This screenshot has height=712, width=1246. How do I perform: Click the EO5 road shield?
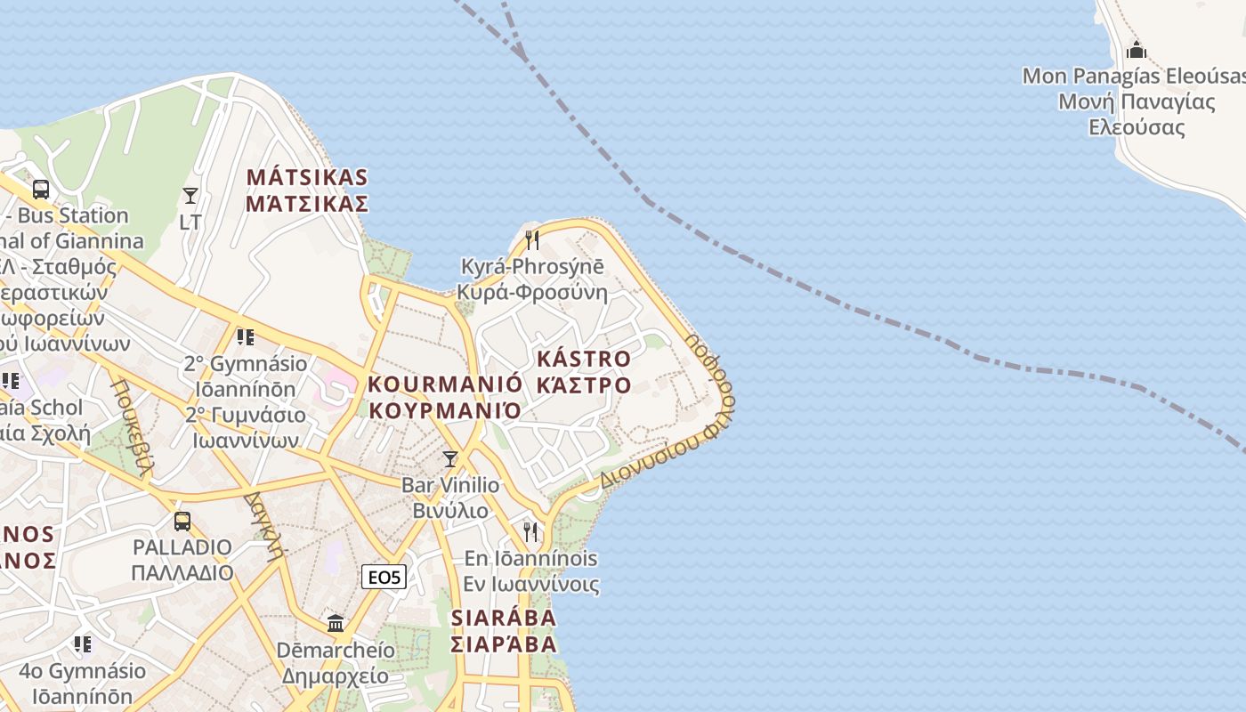(384, 578)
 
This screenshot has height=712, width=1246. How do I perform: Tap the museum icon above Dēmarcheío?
(336, 623)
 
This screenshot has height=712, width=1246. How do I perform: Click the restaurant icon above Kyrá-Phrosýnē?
(531, 239)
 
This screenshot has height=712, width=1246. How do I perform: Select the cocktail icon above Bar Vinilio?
(450, 459)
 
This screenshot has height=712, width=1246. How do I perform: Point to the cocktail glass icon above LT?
(190, 195)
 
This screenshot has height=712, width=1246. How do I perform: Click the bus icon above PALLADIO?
(182, 521)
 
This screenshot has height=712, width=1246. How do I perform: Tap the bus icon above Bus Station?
(41, 189)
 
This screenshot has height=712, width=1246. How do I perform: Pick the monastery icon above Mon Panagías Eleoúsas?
(1136, 50)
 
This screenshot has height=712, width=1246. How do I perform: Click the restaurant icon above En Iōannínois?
(530, 531)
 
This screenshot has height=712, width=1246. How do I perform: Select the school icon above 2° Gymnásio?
(245, 337)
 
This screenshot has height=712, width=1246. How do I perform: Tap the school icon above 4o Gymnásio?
(83, 643)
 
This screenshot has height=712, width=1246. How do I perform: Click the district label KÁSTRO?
(584, 360)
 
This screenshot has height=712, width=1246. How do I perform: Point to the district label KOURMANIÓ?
(445, 384)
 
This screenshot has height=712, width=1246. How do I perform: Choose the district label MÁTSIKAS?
(307, 177)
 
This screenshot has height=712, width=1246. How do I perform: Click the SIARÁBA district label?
(503, 618)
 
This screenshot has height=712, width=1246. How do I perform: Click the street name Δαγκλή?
(264, 524)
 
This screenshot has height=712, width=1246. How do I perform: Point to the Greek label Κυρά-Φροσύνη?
(531, 292)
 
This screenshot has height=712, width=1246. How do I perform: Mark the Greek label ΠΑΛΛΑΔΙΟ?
(182, 572)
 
